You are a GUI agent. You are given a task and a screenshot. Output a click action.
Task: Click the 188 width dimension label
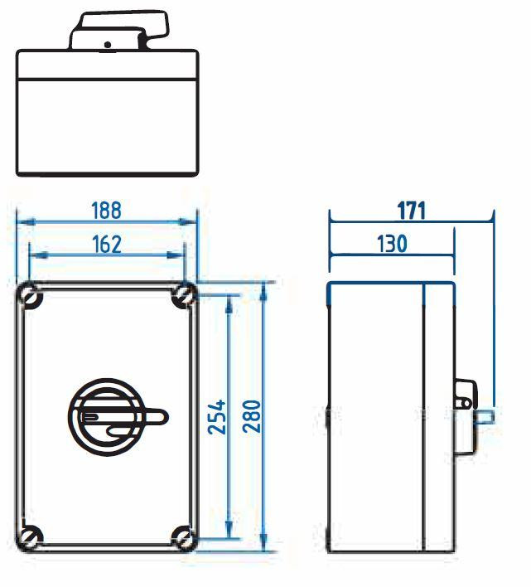[x=107, y=211]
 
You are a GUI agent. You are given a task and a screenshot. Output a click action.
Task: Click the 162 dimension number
[x=107, y=245]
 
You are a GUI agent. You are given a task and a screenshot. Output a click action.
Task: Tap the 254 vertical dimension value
[x=217, y=417]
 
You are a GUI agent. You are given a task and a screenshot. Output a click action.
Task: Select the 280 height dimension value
[x=252, y=416]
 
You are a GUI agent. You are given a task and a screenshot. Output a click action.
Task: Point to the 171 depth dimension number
[x=412, y=211]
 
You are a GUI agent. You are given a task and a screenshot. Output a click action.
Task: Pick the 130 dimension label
[x=392, y=244]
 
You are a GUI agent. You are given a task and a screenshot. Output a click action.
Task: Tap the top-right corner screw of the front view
[x=184, y=296]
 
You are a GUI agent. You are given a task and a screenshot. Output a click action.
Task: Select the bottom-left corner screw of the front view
[x=31, y=536]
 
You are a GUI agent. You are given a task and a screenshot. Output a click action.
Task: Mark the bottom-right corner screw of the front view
[x=183, y=537]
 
